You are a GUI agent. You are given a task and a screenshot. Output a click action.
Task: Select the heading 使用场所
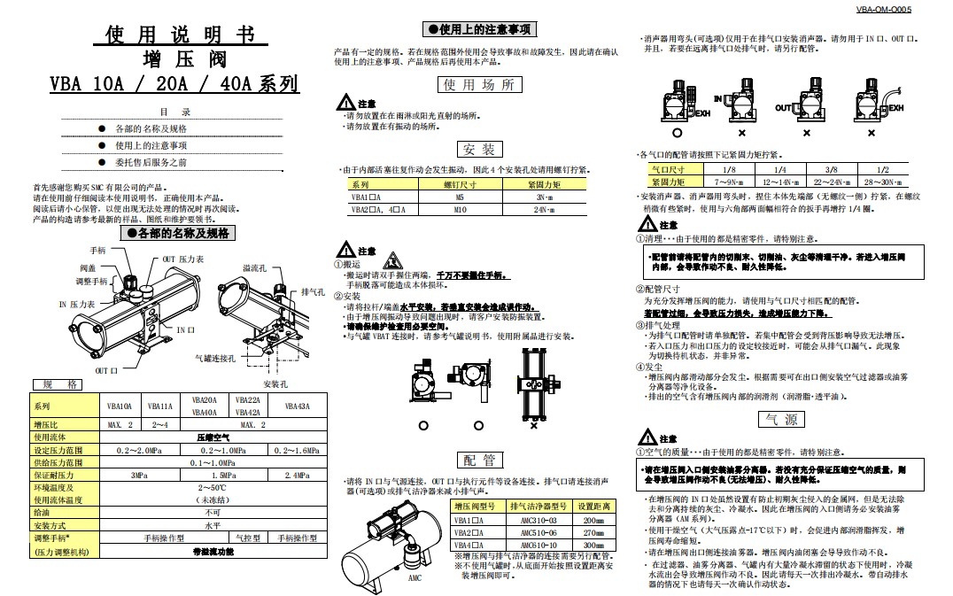click(x=478, y=85)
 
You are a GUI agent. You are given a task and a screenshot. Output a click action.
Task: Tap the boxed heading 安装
click(x=478, y=149)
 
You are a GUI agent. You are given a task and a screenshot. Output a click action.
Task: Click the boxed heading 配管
click(x=478, y=460)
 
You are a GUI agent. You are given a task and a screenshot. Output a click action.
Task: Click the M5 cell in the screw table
click(x=460, y=197)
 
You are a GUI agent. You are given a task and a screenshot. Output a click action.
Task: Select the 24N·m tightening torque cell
click(x=543, y=210)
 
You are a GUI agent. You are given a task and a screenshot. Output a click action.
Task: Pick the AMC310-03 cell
click(x=538, y=520)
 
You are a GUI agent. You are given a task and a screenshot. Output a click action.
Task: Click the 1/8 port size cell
click(x=729, y=168)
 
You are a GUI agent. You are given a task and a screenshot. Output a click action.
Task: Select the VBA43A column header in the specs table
click(x=296, y=406)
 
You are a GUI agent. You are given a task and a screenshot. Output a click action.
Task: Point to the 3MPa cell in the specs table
click(x=138, y=475)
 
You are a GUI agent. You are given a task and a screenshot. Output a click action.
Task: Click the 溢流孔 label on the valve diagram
click(x=254, y=267)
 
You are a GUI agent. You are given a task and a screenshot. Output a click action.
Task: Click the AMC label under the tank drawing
click(x=415, y=577)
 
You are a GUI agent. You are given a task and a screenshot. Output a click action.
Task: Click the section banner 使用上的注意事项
click(x=478, y=29)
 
